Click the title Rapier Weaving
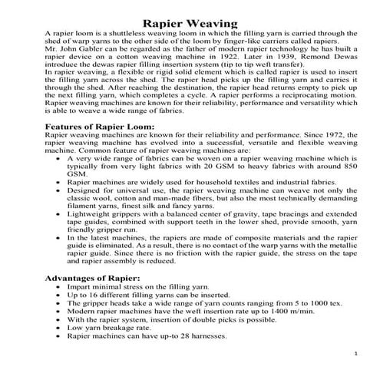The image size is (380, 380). pos(189,24)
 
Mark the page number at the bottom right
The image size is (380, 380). pos(358,352)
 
